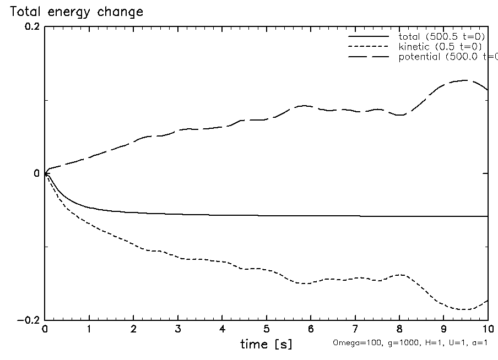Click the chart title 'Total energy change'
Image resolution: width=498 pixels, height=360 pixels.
pyautogui.click(x=77, y=12)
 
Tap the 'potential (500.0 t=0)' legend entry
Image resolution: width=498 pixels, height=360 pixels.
pyautogui.click(x=446, y=56)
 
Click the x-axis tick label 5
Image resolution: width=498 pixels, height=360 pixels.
pyautogui.click(x=267, y=330)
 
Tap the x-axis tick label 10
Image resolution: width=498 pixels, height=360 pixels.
pyautogui.click(x=488, y=330)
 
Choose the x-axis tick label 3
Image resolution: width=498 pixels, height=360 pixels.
pyautogui.click(x=178, y=330)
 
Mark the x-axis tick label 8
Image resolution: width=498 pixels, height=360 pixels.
pyautogui.click(x=399, y=330)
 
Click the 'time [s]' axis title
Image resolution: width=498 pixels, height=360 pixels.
pyautogui.click(x=266, y=345)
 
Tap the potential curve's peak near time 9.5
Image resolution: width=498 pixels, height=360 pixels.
pyautogui.click(x=466, y=80)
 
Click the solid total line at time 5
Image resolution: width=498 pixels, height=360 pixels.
pyautogui.click(x=267, y=215)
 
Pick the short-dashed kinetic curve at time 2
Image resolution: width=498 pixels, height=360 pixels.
pyautogui.click(x=134, y=243)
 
